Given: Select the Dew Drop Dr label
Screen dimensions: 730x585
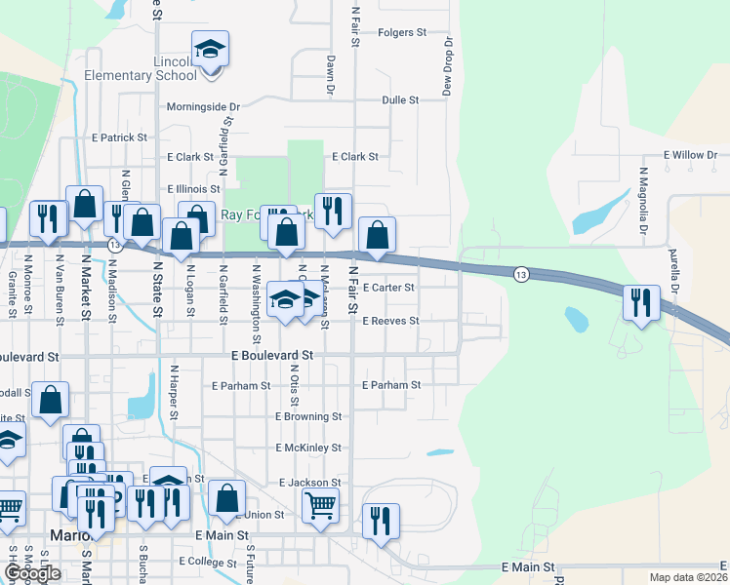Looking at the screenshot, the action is point(450,66).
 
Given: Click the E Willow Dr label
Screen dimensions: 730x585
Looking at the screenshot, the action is point(690,155).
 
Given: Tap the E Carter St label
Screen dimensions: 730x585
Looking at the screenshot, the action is point(388,288).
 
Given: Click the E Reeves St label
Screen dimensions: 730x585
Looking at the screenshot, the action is point(390,321).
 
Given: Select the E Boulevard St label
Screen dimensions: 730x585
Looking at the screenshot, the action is point(272,356).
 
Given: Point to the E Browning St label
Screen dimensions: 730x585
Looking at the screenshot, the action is point(308,416).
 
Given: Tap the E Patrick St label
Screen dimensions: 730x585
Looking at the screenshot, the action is point(118,138).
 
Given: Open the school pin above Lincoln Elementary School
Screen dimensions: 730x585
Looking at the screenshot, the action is point(210,49).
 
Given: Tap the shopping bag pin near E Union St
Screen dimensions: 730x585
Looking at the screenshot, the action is point(226,498).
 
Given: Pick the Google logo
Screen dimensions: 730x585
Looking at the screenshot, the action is point(32,573).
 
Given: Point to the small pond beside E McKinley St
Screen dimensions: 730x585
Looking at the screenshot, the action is point(440,452).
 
